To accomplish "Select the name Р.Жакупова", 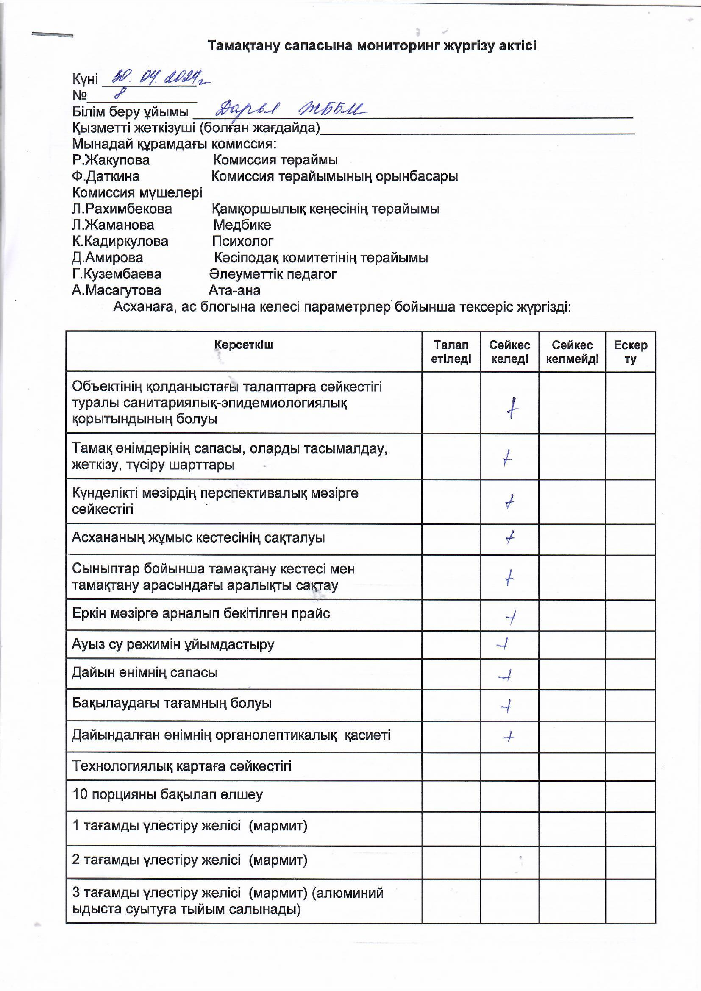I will click(111, 160).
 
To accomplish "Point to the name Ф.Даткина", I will click(106, 176).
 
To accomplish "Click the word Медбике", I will click(242, 225).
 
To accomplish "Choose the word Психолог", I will click(242, 241).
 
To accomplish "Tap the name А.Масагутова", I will click(117, 290).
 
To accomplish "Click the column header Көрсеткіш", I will click(243, 345).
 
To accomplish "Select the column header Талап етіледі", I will click(451, 352).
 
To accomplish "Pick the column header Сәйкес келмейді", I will click(572, 352).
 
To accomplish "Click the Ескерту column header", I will click(630, 352).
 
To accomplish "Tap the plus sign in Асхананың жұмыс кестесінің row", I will click(510, 538).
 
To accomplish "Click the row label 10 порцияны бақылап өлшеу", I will click(167, 795).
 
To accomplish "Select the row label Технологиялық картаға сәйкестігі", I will click(181, 766).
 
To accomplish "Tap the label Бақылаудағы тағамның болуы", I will click(172, 704).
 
